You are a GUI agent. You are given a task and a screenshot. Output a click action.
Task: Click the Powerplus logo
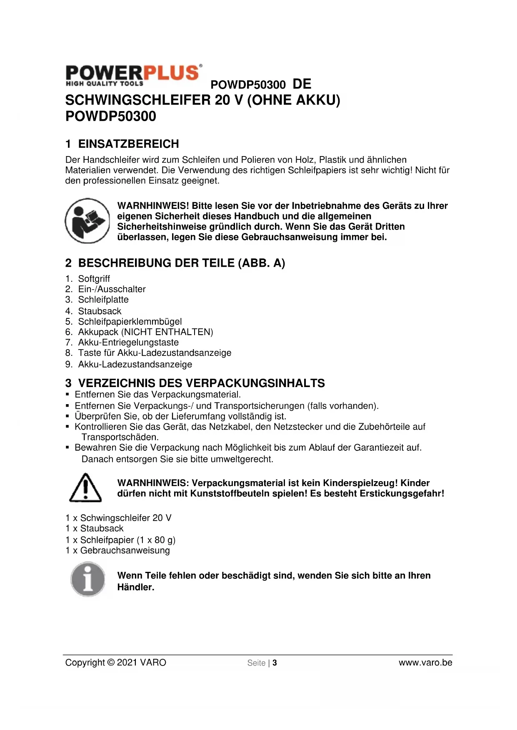[134, 75]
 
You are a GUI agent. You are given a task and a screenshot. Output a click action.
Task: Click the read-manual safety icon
[87, 221]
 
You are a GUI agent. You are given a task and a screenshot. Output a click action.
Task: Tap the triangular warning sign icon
[85, 488]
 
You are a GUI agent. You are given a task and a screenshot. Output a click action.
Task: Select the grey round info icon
[87, 579]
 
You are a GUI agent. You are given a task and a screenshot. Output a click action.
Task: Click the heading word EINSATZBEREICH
[128, 144]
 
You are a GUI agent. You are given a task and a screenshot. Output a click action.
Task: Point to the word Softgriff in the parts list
[94, 279]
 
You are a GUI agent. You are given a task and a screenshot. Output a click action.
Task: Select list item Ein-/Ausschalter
[112, 289]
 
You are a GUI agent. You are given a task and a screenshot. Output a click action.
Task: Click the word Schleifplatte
[103, 300]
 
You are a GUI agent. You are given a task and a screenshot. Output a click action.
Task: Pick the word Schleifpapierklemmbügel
[130, 322]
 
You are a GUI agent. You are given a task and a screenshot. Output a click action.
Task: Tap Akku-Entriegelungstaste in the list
[128, 343]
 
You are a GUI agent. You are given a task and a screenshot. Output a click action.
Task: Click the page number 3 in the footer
[275, 663]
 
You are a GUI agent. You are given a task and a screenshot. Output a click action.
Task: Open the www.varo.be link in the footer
[425, 663]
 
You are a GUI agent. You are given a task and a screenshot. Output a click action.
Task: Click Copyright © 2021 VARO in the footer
[115, 663]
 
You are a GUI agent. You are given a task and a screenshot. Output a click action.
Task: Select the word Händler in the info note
[135, 587]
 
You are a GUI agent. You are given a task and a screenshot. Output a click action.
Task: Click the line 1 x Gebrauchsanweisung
[117, 551]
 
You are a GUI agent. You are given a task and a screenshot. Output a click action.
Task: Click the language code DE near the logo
[302, 84]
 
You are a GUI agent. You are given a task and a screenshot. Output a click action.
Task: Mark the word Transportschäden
[120, 437]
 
